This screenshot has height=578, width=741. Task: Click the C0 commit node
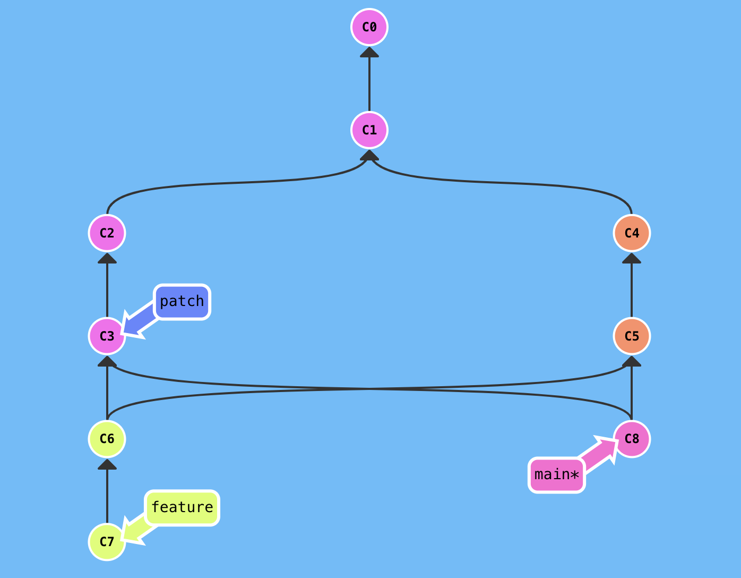tap(369, 27)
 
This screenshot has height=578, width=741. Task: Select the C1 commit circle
tap(369, 130)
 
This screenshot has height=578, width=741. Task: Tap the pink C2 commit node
tap(107, 233)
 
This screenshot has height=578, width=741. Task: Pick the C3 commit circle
tap(107, 336)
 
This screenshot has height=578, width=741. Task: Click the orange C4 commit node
tap(632, 233)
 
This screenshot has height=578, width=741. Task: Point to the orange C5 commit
tap(632, 336)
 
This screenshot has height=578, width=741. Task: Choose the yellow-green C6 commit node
tap(107, 439)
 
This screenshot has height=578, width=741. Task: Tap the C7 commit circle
tap(107, 542)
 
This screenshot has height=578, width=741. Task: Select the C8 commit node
tap(632, 439)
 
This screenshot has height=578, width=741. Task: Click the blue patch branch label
tap(182, 302)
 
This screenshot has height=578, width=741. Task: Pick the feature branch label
tap(182, 507)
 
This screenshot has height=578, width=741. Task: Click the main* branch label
tap(557, 475)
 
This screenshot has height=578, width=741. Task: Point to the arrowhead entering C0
tap(369, 52)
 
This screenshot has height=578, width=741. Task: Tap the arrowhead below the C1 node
tap(369, 155)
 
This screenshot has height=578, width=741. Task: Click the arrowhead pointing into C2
tap(107, 258)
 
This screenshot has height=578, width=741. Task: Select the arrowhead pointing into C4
tap(632, 258)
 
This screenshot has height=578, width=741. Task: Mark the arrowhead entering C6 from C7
tap(107, 464)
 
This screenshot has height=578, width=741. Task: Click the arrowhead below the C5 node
tap(632, 361)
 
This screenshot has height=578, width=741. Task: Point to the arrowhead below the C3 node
tap(107, 361)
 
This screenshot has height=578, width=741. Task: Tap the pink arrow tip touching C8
tap(609, 445)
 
